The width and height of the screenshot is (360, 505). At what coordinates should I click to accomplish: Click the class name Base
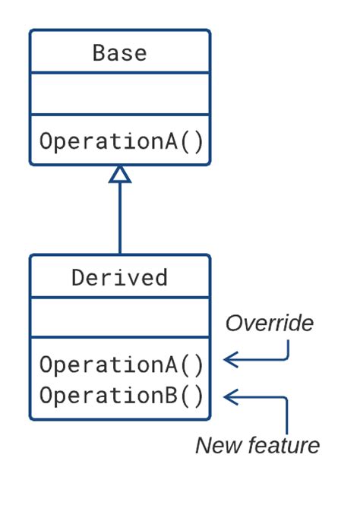pyautogui.click(x=119, y=52)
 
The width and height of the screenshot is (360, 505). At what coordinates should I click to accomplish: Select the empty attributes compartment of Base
pyautogui.click(x=119, y=94)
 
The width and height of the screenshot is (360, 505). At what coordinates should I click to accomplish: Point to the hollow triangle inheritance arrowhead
pyautogui.click(x=120, y=174)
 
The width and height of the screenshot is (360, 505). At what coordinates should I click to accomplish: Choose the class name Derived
pyautogui.click(x=119, y=277)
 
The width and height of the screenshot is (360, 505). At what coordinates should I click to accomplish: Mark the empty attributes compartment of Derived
pyautogui.click(x=119, y=318)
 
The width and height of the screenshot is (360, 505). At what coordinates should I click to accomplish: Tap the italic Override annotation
pyautogui.click(x=269, y=324)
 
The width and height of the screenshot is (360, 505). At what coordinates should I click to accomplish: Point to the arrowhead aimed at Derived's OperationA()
pyautogui.click(x=229, y=359)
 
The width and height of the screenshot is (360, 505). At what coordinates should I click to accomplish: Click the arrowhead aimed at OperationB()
pyautogui.click(x=229, y=396)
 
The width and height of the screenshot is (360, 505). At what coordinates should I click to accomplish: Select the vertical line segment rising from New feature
pyautogui.click(x=287, y=416)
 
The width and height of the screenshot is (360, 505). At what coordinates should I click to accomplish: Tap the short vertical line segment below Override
pyautogui.click(x=289, y=348)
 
